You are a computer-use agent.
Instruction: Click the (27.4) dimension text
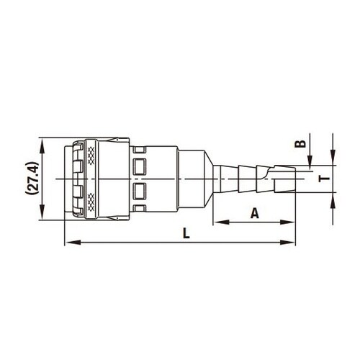tap(30, 179)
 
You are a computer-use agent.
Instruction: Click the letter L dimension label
tap(186, 233)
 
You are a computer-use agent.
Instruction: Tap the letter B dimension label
tap(302, 144)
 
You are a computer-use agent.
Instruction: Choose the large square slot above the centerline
tap(140, 165)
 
